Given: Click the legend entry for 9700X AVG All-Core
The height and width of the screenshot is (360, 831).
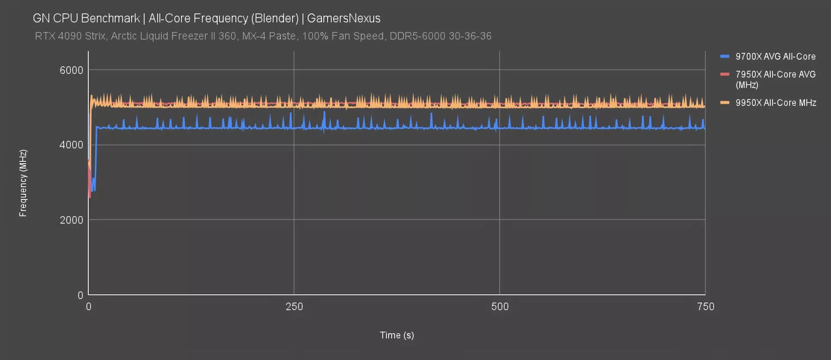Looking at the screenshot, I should [x=775, y=57].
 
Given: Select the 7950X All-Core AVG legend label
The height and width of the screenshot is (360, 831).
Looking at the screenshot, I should [x=775, y=79].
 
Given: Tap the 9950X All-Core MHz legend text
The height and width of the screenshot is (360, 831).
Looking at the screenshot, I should [x=776, y=103].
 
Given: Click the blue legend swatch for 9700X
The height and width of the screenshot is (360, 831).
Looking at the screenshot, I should [x=725, y=56].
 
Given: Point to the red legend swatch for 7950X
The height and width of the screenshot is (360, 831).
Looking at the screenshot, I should [x=725, y=74].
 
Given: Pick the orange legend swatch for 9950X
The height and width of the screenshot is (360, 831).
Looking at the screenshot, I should [x=725, y=103].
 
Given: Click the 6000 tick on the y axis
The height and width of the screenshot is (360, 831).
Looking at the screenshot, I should [x=71, y=70].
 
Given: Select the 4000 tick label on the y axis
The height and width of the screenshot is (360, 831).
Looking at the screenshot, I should [x=71, y=145].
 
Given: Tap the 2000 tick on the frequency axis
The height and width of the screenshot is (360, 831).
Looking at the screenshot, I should [x=71, y=220].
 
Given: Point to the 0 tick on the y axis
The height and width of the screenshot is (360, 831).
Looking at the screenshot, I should [x=80, y=295].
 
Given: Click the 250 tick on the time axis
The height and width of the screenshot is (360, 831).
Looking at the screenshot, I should [x=294, y=307].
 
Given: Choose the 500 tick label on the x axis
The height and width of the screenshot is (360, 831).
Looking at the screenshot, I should [x=500, y=307].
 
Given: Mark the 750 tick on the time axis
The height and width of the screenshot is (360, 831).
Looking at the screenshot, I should [x=705, y=307].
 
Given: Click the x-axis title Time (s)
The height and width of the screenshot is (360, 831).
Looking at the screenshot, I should [x=397, y=335].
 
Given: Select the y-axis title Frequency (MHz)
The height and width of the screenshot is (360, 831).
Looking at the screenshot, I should [x=23, y=183].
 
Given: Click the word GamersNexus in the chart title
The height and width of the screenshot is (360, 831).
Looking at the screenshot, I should [x=344, y=18].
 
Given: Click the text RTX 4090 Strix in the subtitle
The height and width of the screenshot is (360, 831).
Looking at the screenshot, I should [x=70, y=36].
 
